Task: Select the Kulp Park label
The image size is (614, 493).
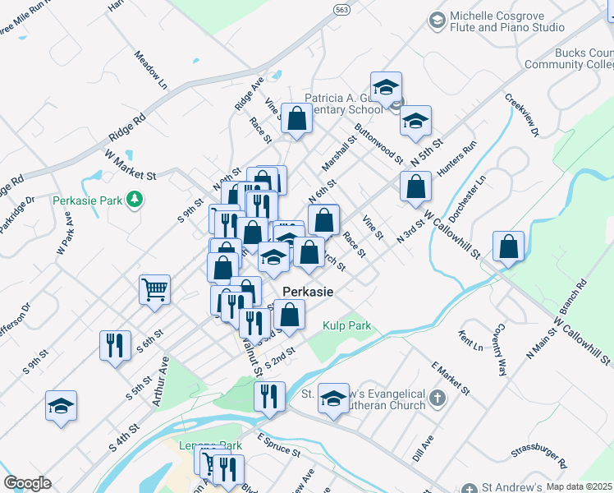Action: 346,326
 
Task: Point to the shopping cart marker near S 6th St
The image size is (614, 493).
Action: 154,290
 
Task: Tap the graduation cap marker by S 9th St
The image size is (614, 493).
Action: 61,406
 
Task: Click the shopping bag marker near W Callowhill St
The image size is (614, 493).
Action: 509,246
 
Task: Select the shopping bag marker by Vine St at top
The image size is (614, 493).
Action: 296,118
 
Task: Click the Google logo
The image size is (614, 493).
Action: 27,483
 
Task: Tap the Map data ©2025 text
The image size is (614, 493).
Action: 579,486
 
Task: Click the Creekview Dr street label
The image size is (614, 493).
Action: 522,114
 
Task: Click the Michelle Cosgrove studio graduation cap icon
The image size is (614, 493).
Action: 437,20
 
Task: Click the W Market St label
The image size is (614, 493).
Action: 130,164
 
